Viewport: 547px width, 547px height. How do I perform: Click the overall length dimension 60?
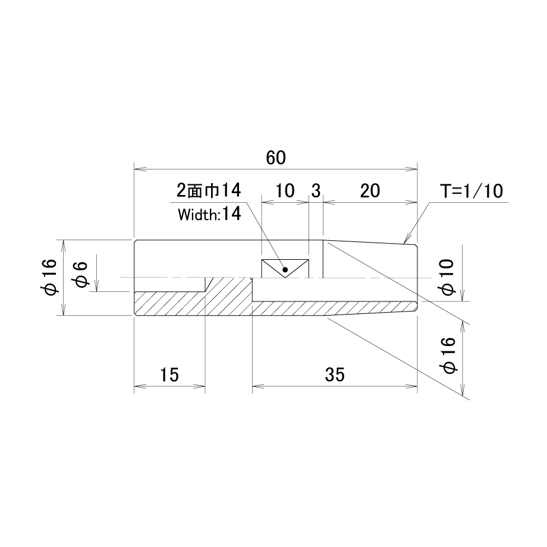point(276,158)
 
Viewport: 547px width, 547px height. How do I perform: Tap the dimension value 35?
point(335,375)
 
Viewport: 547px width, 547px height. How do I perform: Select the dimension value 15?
point(169,375)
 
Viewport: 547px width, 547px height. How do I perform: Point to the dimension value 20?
point(370,191)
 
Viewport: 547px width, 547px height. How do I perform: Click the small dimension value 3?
point(316,191)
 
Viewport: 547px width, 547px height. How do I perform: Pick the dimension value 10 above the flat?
point(285,191)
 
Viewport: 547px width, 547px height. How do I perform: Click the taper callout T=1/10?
point(471,191)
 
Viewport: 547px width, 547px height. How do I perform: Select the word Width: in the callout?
point(198,215)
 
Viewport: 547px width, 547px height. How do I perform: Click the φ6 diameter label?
point(81,275)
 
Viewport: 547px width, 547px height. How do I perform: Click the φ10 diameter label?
point(447,277)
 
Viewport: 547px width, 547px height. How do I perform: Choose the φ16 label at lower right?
point(449,356)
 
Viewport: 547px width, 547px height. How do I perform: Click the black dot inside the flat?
point(285,269)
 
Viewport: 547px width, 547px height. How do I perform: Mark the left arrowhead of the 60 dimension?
point(140,169)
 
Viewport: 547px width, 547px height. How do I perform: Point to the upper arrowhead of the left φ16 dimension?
point(63,245)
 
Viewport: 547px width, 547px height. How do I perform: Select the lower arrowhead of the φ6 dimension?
point(98,286)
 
